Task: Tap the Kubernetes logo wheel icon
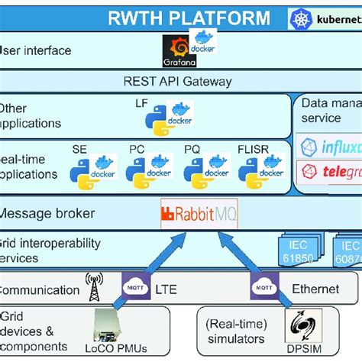(299, 18)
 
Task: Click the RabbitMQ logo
(200, 215)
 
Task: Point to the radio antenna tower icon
(93, 288)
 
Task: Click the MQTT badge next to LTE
(132, 289)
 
